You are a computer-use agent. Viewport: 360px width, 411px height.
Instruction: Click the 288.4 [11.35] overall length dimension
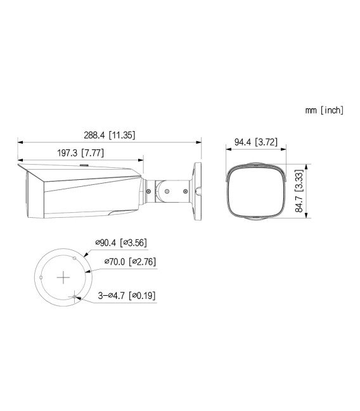(109, 135)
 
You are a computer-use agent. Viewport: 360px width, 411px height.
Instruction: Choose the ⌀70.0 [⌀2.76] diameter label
(129, 260)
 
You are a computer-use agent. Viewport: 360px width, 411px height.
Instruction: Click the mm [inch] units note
(324, 110)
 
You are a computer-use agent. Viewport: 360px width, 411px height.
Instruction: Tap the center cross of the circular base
(63, 277)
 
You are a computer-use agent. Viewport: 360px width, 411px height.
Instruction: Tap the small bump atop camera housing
(84, 166)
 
